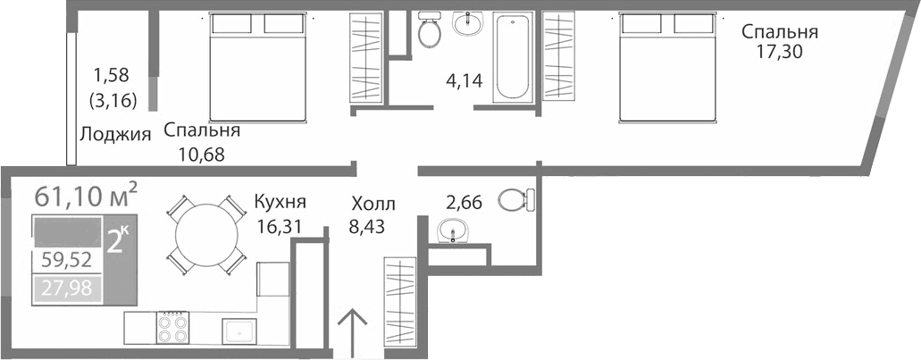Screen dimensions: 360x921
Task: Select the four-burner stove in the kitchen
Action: [x=172, y=327]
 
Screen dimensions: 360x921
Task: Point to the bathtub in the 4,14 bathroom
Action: [x=513, y=55]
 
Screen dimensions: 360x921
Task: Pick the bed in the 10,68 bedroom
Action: [x=259, y=67]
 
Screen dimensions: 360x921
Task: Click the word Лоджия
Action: [x=114, y=135]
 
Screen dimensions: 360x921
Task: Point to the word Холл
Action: [x=373, y=205]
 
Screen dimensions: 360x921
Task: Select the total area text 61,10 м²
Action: [x=86, y=194]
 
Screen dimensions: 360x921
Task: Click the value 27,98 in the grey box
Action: [x=67, y=288]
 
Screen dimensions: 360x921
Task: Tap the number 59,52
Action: [x=67, y=261]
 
